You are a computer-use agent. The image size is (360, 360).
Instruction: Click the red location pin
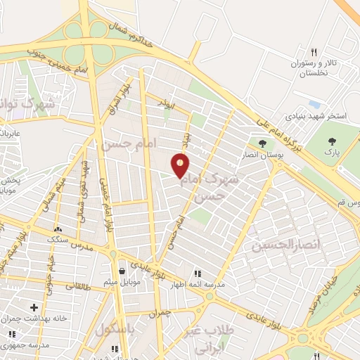(181, 165)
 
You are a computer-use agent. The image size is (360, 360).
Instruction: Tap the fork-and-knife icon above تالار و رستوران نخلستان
(314, 52)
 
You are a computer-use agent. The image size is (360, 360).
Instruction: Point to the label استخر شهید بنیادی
(315, 115)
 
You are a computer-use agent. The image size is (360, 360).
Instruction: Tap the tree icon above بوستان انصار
(263, 143)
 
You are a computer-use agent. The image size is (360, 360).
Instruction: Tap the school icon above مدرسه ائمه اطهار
(198, 272)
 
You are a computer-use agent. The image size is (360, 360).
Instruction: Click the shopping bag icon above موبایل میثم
(122, 271)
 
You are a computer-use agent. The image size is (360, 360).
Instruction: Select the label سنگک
(58, 239)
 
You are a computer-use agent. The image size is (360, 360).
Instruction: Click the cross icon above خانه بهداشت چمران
(34, 307)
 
